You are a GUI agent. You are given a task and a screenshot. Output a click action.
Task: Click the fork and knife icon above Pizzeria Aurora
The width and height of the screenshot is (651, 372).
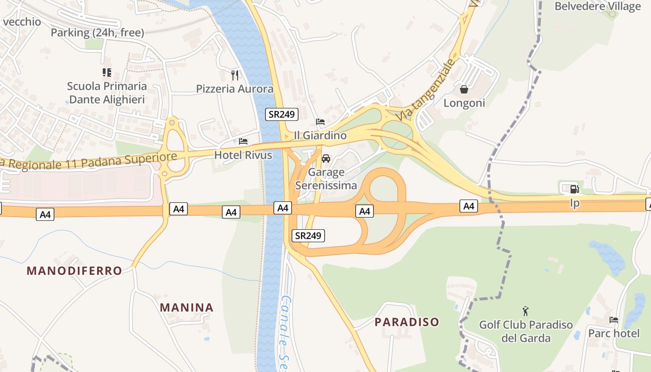click(235, 75)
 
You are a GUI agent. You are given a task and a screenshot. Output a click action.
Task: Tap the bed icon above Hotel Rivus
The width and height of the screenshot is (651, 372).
click(243, 141)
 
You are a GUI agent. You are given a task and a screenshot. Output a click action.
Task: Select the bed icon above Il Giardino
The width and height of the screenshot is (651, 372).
click(320, 122)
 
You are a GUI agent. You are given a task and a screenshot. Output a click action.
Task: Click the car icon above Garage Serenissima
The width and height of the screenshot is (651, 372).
click(326, 158)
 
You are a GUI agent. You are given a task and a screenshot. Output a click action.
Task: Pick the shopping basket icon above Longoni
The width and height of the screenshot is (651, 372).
click(464, 89)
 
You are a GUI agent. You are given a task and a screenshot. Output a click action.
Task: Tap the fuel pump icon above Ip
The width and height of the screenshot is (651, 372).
click(575, 189)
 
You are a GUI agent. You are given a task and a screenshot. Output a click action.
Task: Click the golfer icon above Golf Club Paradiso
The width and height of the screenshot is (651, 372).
click(526, 311)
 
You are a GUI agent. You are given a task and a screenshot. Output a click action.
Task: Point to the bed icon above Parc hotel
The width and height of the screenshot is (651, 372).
click(614, 320)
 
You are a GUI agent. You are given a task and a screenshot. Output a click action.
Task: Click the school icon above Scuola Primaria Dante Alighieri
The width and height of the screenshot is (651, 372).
click(107, 72)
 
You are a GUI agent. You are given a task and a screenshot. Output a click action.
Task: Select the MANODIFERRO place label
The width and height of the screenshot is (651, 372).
click(74, 271)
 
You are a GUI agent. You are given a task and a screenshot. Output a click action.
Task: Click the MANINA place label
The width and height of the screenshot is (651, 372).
click(186, 307)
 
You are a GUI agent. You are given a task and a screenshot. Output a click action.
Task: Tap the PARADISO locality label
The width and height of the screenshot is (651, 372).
click(407, 322)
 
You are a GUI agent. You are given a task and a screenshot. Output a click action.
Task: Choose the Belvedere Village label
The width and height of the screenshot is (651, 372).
click(598, 6)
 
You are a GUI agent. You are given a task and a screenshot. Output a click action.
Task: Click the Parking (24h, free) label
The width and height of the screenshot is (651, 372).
click(97, 33)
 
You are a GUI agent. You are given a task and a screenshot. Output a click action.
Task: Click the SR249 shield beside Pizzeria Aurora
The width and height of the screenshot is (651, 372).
click(282, 114)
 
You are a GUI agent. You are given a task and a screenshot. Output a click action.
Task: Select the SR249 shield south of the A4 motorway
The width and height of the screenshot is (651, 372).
click(308, 236)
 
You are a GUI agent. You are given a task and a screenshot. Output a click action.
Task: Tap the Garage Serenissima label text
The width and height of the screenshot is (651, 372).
click(326, 179)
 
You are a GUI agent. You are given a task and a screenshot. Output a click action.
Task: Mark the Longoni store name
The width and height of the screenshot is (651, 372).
click(464, 103)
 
